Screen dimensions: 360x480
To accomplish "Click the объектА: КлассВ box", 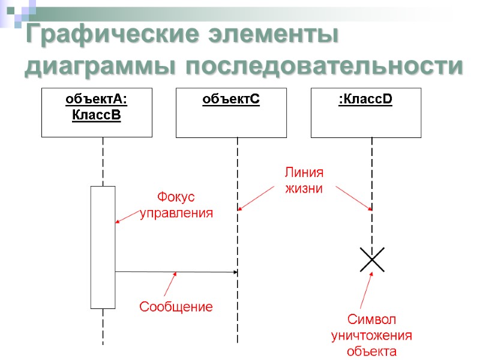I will [x=97, y=112].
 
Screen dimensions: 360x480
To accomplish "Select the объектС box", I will [x=231, y=112].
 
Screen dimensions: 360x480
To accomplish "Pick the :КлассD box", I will [x=365, y=112].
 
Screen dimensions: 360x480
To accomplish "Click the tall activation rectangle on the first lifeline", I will [x=103, y=247].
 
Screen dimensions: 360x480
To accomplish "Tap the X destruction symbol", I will [x=372, y=259].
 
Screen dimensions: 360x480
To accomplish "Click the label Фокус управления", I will [x=176, y=205].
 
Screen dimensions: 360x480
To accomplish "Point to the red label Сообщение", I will [x=176, y=307].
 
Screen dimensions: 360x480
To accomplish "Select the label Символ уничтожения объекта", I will [x=372, y=335].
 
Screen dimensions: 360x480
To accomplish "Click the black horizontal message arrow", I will [x=176, y=272].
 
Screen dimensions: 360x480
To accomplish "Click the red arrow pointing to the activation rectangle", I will [x=130, y=217].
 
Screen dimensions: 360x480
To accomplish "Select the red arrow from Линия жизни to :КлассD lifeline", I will [x=354, y=198].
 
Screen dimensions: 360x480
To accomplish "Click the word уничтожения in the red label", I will [x=372, y=335].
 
